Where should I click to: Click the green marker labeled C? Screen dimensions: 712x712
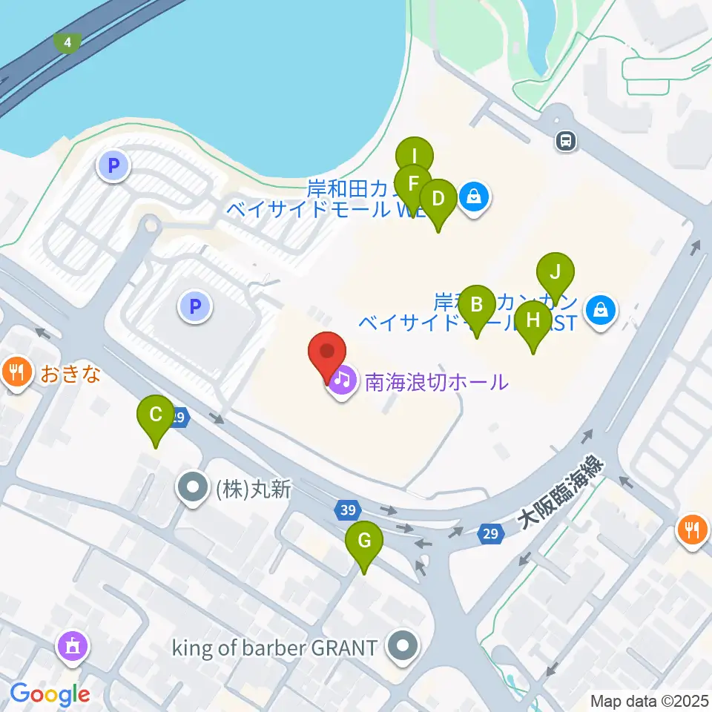pos(156,415)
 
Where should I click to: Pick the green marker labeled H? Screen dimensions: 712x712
pos(533,320)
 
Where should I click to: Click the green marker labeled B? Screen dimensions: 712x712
pos(477,305)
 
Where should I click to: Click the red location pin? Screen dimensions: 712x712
pos(327,355)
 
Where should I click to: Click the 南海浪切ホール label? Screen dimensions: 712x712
pos(436,383)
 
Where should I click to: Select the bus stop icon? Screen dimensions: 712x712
pos(566,141)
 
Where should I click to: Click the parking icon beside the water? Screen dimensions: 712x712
pos(113,166)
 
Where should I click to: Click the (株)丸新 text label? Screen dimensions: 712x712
pos(251,489)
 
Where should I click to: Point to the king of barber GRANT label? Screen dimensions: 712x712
pos(275,647)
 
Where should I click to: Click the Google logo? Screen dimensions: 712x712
pos(50,694)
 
